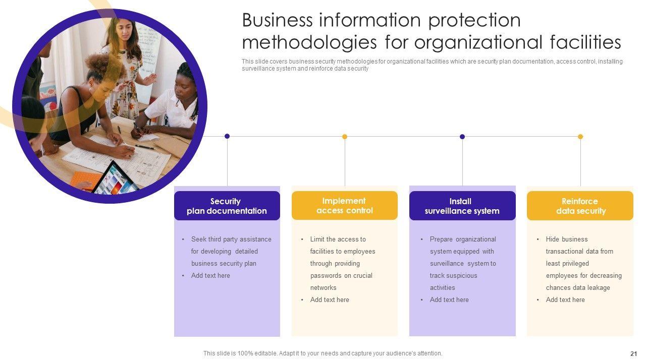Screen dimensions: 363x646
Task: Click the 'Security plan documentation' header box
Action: [x=227, y=206]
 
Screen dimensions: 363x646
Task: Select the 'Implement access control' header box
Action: [x=344, y=206]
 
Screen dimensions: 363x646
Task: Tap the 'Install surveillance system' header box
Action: [x=462, y=206]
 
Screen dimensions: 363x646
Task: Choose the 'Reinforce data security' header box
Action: [x=580, y=206]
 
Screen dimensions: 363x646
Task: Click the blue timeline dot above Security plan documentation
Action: [x=227, y=136]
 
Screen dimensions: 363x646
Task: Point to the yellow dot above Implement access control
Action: [x=345, y=137]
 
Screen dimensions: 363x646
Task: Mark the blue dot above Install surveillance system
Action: [x=462, y=137]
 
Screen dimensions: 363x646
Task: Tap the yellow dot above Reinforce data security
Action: [x=580, y=137]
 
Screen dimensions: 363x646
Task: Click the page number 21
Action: [x=633, y=354]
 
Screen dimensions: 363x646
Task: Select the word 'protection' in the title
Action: [x=474, y=21]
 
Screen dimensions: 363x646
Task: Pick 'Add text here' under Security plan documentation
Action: [x=210, y=276]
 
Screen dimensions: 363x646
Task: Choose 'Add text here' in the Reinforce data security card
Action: [x=565, y=300]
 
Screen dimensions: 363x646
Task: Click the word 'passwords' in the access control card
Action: [x=326, y=276]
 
